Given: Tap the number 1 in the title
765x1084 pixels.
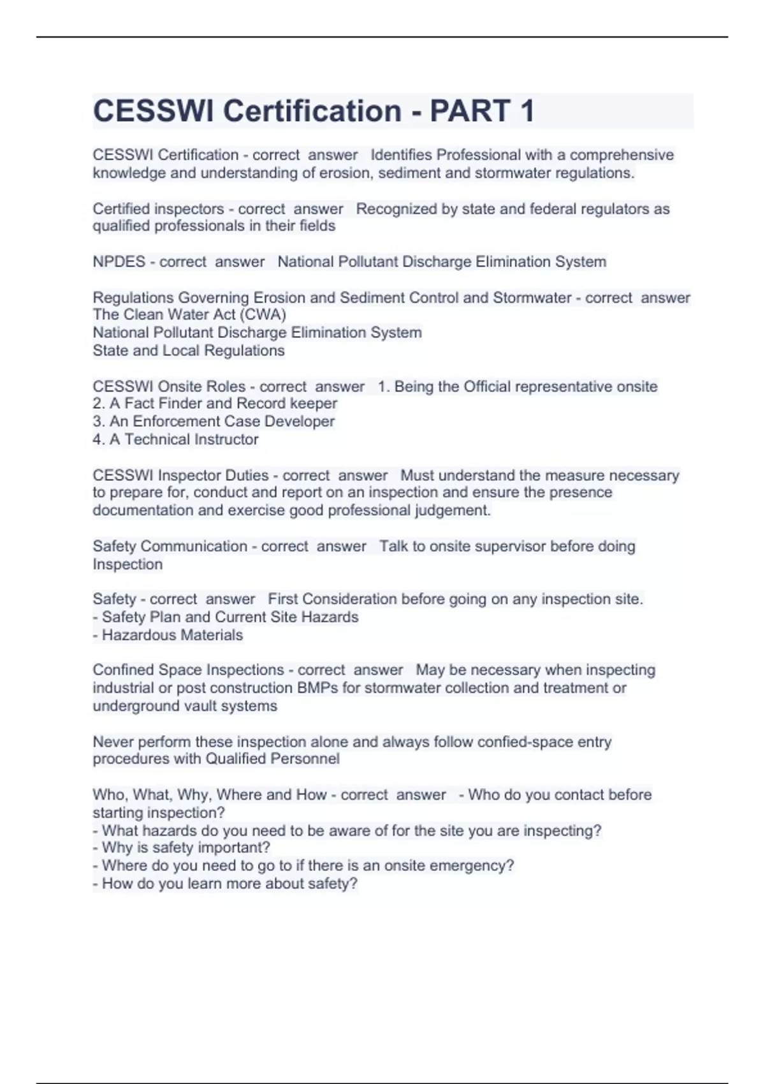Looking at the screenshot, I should point(527,111).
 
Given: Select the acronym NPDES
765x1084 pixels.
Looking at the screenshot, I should point(119,261).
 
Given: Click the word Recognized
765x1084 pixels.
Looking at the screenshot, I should point(396,209).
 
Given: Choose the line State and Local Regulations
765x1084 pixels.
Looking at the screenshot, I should point(189,350).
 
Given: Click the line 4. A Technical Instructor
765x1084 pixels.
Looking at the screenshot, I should point(175,439).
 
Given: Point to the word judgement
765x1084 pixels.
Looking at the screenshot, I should point(453,510).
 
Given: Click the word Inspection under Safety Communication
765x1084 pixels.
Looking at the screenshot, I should point(127,564).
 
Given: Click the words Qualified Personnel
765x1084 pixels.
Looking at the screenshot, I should point(272,759).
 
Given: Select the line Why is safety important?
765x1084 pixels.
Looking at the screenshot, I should point(182,847).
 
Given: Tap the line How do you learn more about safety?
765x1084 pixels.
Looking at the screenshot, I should point(225,883).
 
